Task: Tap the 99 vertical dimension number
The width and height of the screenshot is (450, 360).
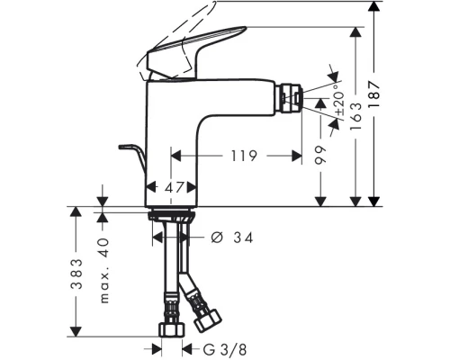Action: (x=320, y=156)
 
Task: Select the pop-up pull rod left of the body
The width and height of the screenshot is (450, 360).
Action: (x=130, y=153)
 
